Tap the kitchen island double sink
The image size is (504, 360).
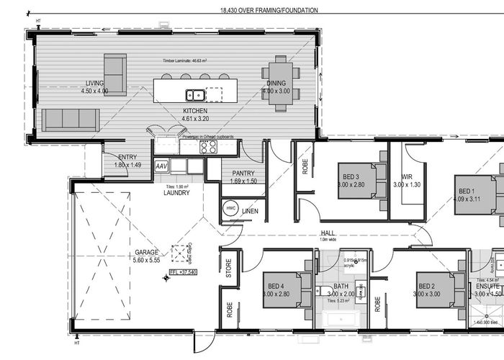tap(195, 94)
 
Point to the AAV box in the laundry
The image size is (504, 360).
tap(162, 165)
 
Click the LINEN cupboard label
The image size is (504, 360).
tap(250, 211)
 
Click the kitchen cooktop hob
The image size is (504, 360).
tap(209, 147)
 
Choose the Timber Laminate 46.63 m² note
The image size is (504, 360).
tap(186, 62)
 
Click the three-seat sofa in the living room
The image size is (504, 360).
tap(70, 120)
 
